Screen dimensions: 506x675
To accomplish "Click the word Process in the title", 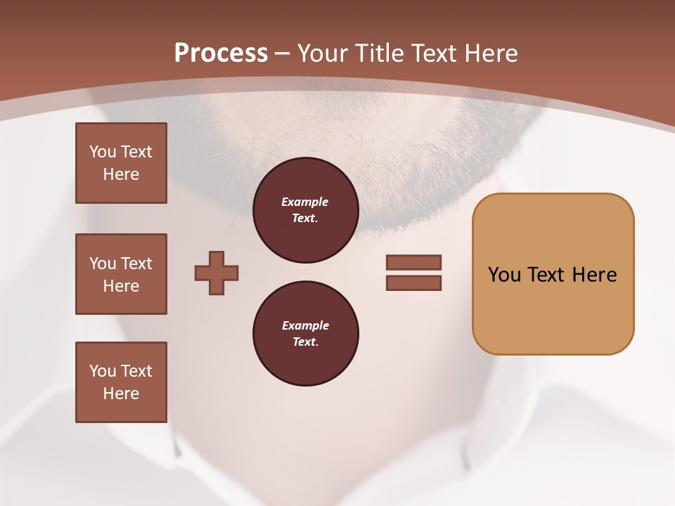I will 221,53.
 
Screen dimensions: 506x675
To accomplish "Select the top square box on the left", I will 121,163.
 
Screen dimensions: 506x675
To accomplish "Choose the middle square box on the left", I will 121,274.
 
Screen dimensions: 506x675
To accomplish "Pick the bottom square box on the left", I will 121,382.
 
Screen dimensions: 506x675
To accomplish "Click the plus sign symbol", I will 217,273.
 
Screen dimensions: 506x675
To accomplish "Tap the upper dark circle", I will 305,210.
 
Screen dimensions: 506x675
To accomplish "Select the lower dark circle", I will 305,334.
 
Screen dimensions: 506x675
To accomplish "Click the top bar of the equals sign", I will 413,262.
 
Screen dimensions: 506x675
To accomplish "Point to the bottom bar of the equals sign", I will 413,283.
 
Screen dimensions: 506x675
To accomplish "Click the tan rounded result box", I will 553,273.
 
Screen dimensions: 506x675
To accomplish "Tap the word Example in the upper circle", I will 305,202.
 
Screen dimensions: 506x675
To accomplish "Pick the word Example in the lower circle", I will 305,325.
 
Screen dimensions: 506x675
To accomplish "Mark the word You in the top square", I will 103,152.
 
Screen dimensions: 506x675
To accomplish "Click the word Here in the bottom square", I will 121,394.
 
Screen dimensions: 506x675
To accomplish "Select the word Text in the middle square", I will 136,264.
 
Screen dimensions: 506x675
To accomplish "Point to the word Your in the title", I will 324,53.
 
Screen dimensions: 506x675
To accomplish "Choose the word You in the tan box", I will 503,274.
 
